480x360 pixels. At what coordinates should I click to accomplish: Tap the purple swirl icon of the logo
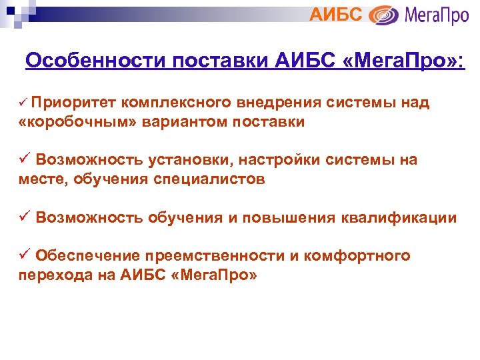click(x=384, y=15)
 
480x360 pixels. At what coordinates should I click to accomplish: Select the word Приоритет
click(x=73, y=102)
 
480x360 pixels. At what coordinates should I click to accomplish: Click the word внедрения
click(x=279, y=102)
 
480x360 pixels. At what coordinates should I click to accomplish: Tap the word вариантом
click(x=174, y=121)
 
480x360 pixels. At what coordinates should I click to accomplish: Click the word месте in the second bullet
click(x=41, y=179)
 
